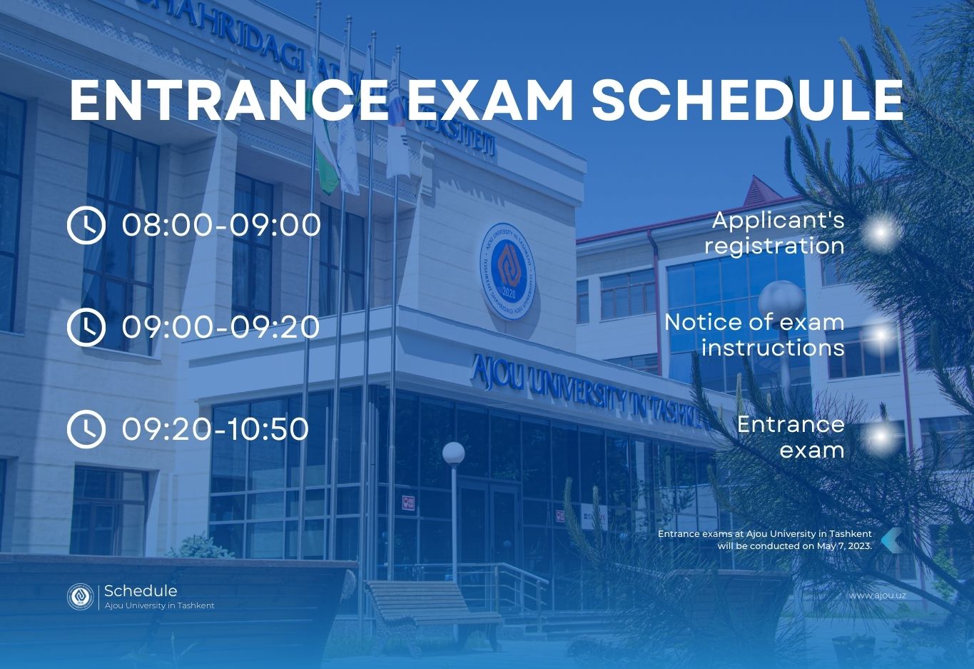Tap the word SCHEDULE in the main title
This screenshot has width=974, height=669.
[748, 100]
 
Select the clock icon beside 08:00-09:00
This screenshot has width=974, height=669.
[86, 226]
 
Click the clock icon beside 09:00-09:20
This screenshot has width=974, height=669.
[86, 327]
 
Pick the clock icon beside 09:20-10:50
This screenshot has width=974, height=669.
[86, 429]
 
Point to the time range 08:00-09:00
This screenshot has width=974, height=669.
[221, 226]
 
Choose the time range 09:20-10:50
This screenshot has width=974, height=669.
[215, 429]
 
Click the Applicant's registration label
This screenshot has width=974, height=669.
[774, 233]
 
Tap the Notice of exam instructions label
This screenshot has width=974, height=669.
[754, 336]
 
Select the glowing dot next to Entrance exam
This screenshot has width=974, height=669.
[881, 436]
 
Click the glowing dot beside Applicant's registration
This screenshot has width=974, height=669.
[881, 233]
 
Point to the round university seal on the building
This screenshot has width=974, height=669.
[508, 272]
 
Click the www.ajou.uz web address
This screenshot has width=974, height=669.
[878, 595]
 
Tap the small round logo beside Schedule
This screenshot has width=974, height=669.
[80, 596]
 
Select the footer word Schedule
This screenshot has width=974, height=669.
[141, 590]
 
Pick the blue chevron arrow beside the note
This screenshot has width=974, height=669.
[891, 540]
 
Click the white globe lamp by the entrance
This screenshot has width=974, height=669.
[454, 453]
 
